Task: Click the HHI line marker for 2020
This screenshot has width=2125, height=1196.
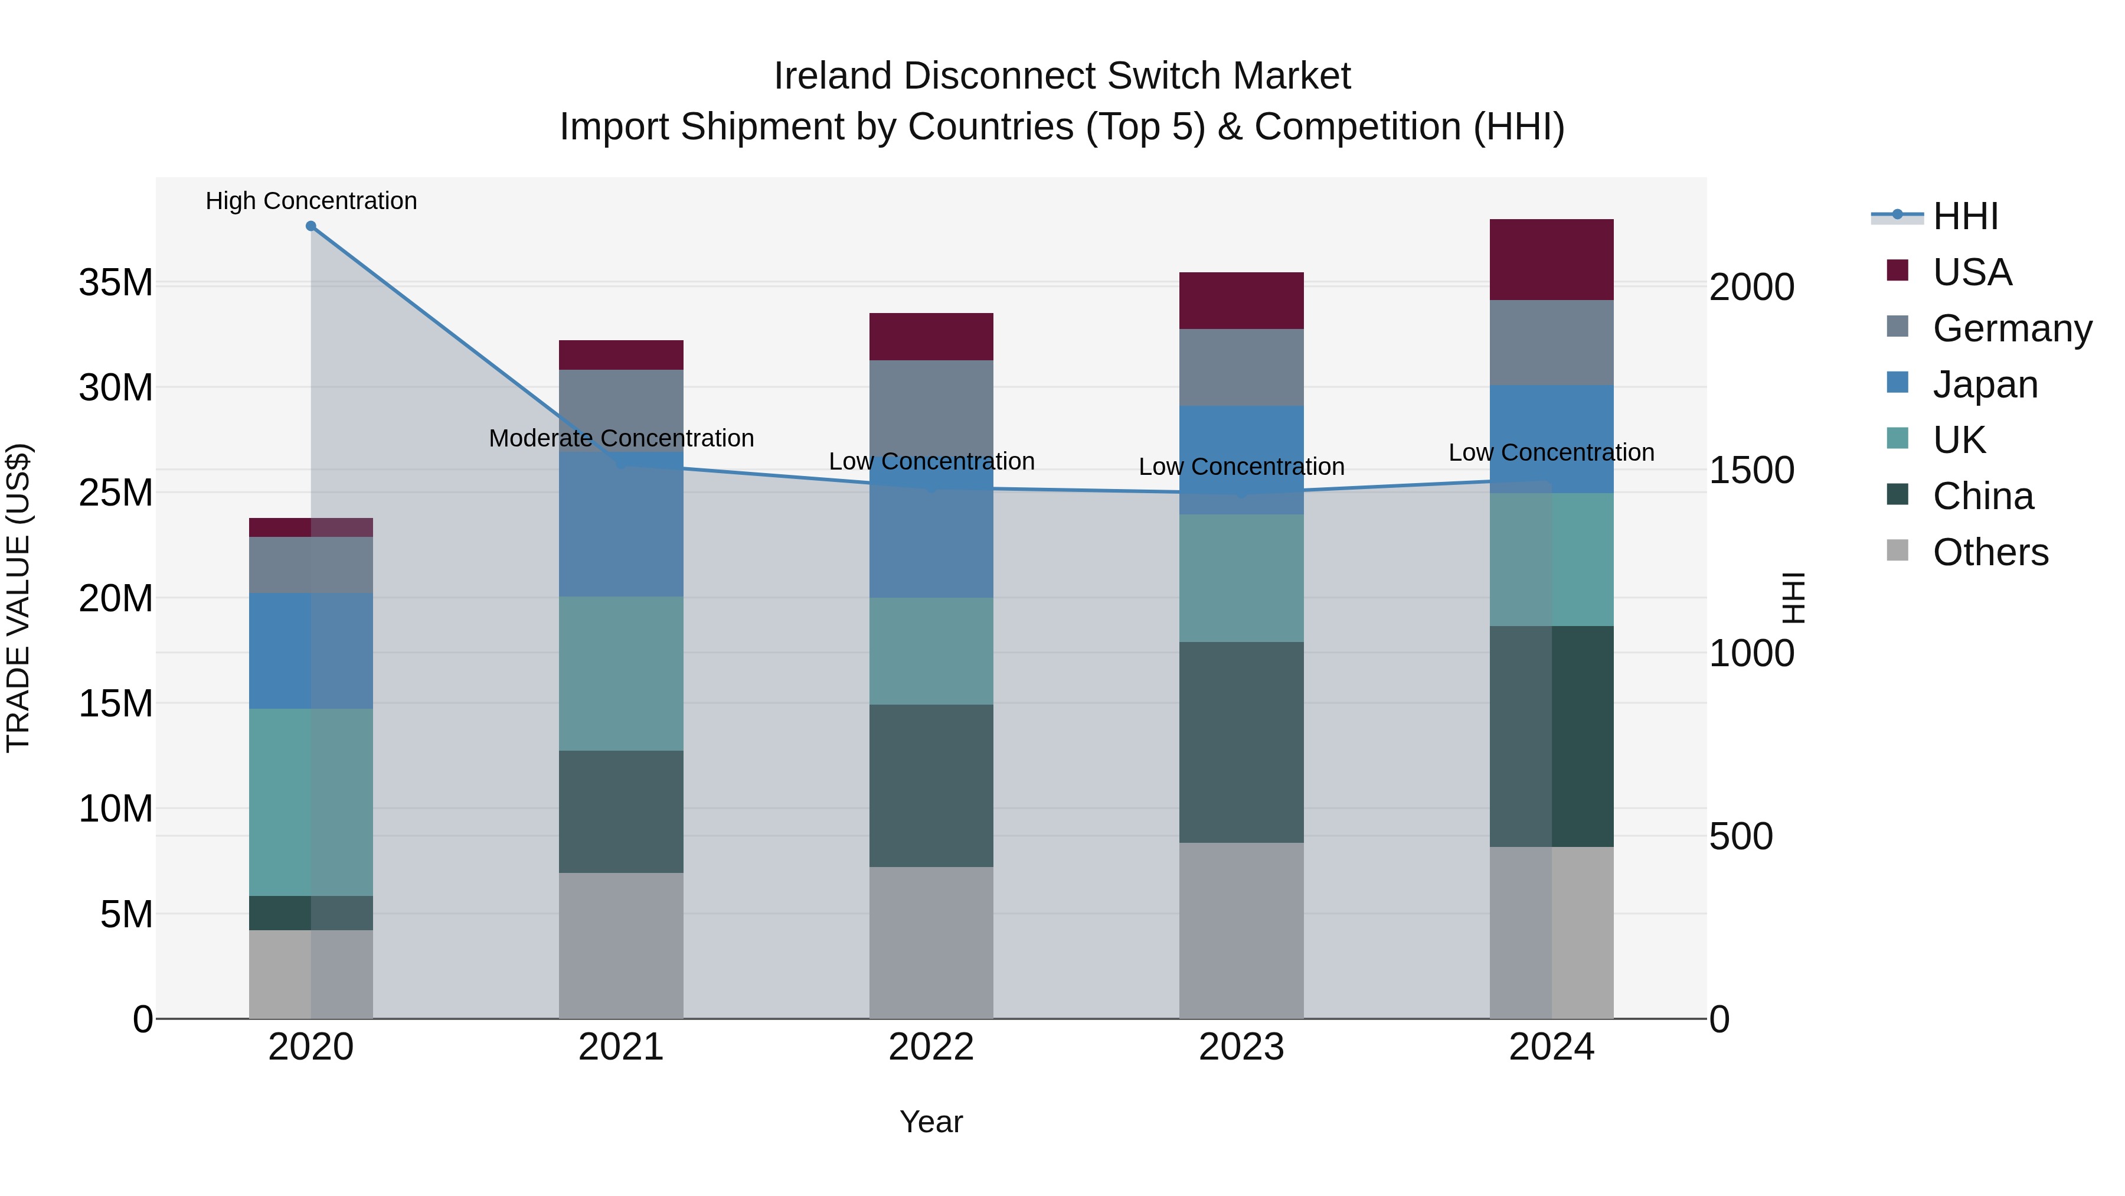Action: pyautogui.click(x=311, y=226)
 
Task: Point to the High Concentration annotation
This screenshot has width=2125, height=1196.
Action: pyautogui.click(x=311, y=201)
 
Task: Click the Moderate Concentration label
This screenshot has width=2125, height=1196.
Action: pyautogui.click(x=621, y=438)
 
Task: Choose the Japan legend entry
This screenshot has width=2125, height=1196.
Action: pyautogui.click(x=1984, y=384)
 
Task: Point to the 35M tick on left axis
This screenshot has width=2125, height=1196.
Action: pyautogui.click(x=116, y=283)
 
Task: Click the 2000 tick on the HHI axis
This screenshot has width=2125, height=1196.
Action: pyautogui.click(x=1751, y=287)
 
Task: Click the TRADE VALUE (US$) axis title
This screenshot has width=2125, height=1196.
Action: pyautogui.click(x=18, y=598)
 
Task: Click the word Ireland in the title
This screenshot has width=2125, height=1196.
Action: pyautogui.click(x=832, y=76)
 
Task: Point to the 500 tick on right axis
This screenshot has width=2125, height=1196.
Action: pyautogui.click(x=1741, y=836)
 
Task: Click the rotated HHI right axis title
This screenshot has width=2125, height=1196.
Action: pyautogui.click(x=1793, y=598)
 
